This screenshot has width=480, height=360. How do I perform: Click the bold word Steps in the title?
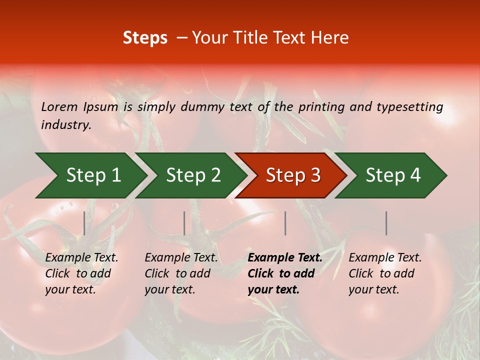[145, 38]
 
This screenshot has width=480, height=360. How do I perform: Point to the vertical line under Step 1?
[84, 223]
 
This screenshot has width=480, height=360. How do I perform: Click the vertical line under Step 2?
[184, 223]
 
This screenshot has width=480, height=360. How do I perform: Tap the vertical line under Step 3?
[285, 223]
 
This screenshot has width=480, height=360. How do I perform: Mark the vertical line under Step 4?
[386, 223]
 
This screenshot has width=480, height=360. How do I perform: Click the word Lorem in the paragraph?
[59, 107]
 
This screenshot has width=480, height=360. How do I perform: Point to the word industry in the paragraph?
[66, 124]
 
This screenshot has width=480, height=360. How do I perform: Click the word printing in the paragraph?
[320, 107]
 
